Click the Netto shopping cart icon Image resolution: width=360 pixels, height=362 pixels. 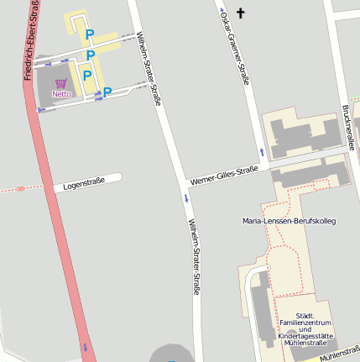(x=60, y=83)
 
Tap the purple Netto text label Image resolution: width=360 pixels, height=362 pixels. (x=61, y=94)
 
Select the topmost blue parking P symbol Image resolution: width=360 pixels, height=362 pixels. (x=89, y=34)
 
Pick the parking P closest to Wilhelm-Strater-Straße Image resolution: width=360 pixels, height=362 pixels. (x=107, y=92)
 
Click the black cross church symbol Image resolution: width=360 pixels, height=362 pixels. (x=242, y=13)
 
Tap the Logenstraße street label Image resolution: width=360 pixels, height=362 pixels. (x=84, y=182)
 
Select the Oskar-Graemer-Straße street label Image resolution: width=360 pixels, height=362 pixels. (x=234, y=46)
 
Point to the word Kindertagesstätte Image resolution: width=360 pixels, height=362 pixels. (x=305, y=335)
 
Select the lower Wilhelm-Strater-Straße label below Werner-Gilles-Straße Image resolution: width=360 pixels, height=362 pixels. (x=193, y=256)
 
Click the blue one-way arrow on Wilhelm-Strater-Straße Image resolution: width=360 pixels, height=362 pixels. (x=186, y=199)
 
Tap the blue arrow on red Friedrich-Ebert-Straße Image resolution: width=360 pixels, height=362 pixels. (x=84, y=346)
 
